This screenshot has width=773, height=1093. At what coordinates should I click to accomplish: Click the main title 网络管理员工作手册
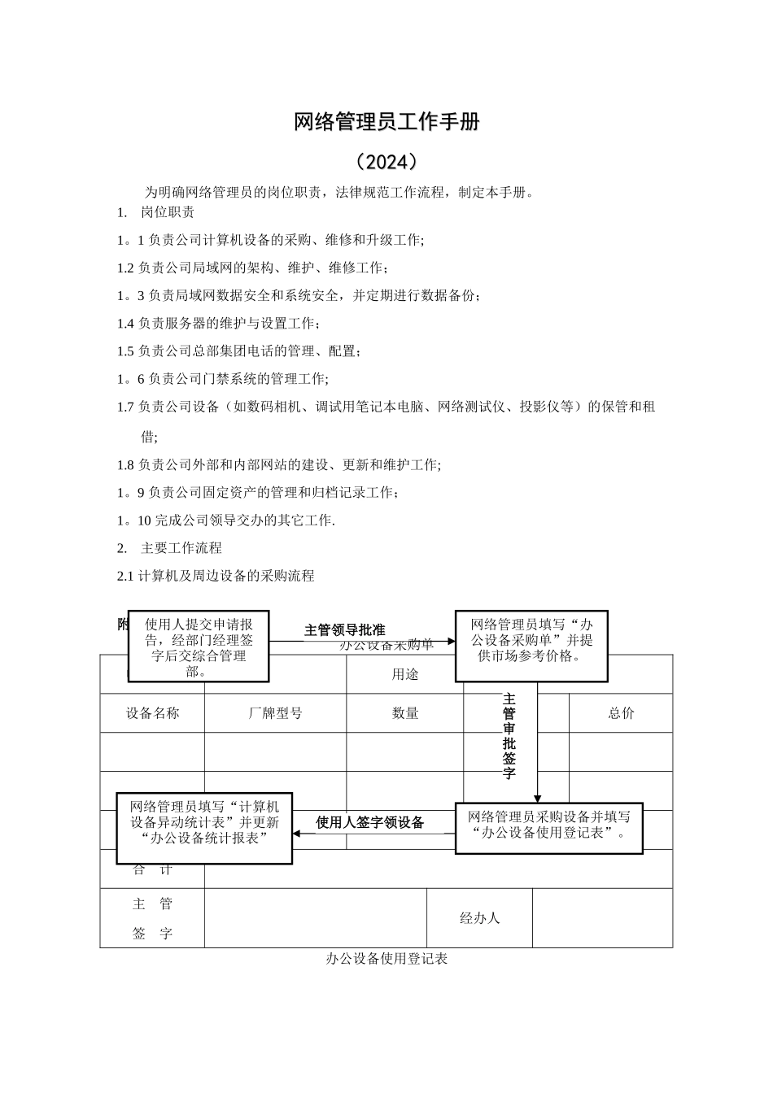click(386, 123)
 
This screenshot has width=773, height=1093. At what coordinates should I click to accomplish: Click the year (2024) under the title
click(386, 162)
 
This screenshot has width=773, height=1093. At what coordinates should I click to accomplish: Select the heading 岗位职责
click(168, 213)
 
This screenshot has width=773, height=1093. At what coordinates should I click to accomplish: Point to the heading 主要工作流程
click(181, 548)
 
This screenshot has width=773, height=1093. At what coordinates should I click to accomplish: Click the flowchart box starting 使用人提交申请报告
click(199, 647)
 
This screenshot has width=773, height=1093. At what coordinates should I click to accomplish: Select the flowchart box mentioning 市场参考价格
click(531, 646)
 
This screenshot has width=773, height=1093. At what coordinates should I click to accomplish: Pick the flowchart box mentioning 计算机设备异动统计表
click(204, 828)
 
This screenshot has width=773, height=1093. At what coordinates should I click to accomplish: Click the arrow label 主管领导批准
click(344, 629)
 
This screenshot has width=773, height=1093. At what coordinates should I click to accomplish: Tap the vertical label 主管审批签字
click(509, 736)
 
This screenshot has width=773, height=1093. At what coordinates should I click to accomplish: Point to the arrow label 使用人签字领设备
click(370, 822)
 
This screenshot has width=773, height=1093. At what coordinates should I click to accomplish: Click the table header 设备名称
click(152, 713)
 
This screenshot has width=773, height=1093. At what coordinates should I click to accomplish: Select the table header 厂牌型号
click(275, 713)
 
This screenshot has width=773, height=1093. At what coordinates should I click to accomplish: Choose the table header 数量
click(405, 713)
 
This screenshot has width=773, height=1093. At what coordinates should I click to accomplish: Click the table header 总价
click(621, 713)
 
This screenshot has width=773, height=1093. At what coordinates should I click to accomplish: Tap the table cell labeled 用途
click(405, 674)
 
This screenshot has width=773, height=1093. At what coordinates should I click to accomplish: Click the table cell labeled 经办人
click(479, 918)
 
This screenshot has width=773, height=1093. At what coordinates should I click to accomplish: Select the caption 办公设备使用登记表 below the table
click(386, 959)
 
